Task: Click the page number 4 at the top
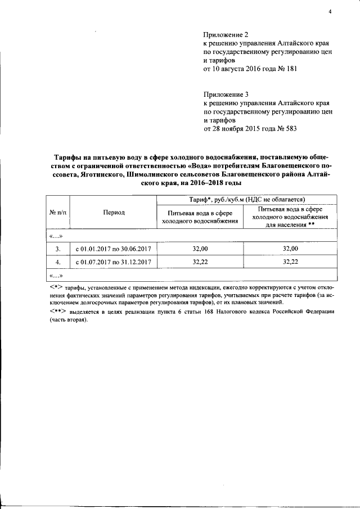pos(330,12)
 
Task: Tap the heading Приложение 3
pos(226,96)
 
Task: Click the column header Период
pos(114,212)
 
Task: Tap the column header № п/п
pos(58,212)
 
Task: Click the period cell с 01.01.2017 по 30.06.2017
pos(114,248)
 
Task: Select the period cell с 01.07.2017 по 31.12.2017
pos(114,262)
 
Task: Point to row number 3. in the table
pos(58,248)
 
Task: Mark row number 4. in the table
pos(58,262)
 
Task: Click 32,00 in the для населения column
pos(290,248)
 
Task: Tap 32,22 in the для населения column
pos(290,262)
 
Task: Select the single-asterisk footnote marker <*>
pos(55,287)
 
